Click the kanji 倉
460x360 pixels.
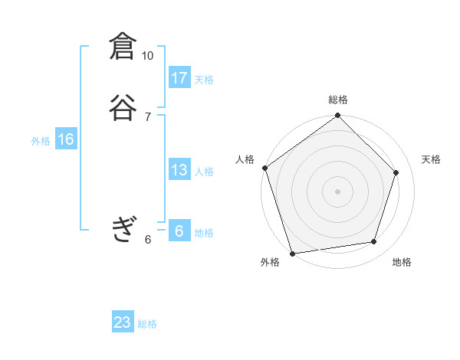pyautogui.click(x=123, y=47)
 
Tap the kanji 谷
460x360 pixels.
pyautogui.click(x=123, y=108)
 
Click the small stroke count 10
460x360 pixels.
pyautogui.click(x=147, y=56)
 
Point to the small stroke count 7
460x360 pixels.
pyautogui.click(x=147, y=116)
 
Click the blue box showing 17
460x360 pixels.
pyautogui.click(x=179, y=78)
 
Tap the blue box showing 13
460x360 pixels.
pyautogui.click(x=179, y=170)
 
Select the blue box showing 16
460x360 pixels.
pyautogui.click(x=66, y=139)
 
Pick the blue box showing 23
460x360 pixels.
pyautogui.click(x=123, y=323)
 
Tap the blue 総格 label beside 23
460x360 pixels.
pyautogui.click(x=147, y=324)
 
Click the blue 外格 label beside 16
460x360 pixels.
pyautogui.click(x=41, y=140)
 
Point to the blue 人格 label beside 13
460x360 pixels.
pyautogui.click(x=204, y=171)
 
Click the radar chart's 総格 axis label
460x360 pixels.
pyautogui.click(x=338, y=100)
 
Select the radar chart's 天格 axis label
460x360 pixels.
pyautogui.click(x=431, y=159)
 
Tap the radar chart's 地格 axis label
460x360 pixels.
pyautogui.click(x=402, y=262)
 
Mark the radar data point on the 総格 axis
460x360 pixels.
pyautogui.click(x=338, y=116)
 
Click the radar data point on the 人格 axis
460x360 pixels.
pyautogui.click(x=265, y=168)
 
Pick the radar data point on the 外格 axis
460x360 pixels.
pyautogui.click(x=292, y=253)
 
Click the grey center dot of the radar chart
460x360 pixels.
pyautogui.click(x=338, y=191)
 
